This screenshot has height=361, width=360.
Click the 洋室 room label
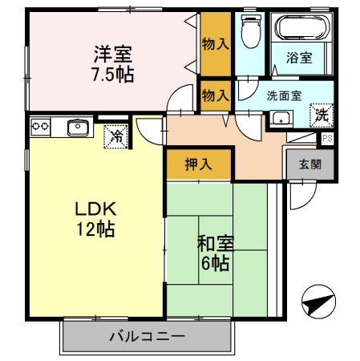click(x=113, y=55)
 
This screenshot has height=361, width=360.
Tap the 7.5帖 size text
click(x=113, y=75)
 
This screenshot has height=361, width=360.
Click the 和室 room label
click(x=215, y=243)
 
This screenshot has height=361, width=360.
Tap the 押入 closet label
click(x=199, y=165)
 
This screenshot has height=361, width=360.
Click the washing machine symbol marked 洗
click(x=321, y=115)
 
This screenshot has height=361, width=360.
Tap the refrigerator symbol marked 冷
click(x=116, y=137)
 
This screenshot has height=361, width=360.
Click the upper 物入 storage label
click(x=216, y=43)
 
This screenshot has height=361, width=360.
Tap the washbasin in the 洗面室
click(x=280, y=119)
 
